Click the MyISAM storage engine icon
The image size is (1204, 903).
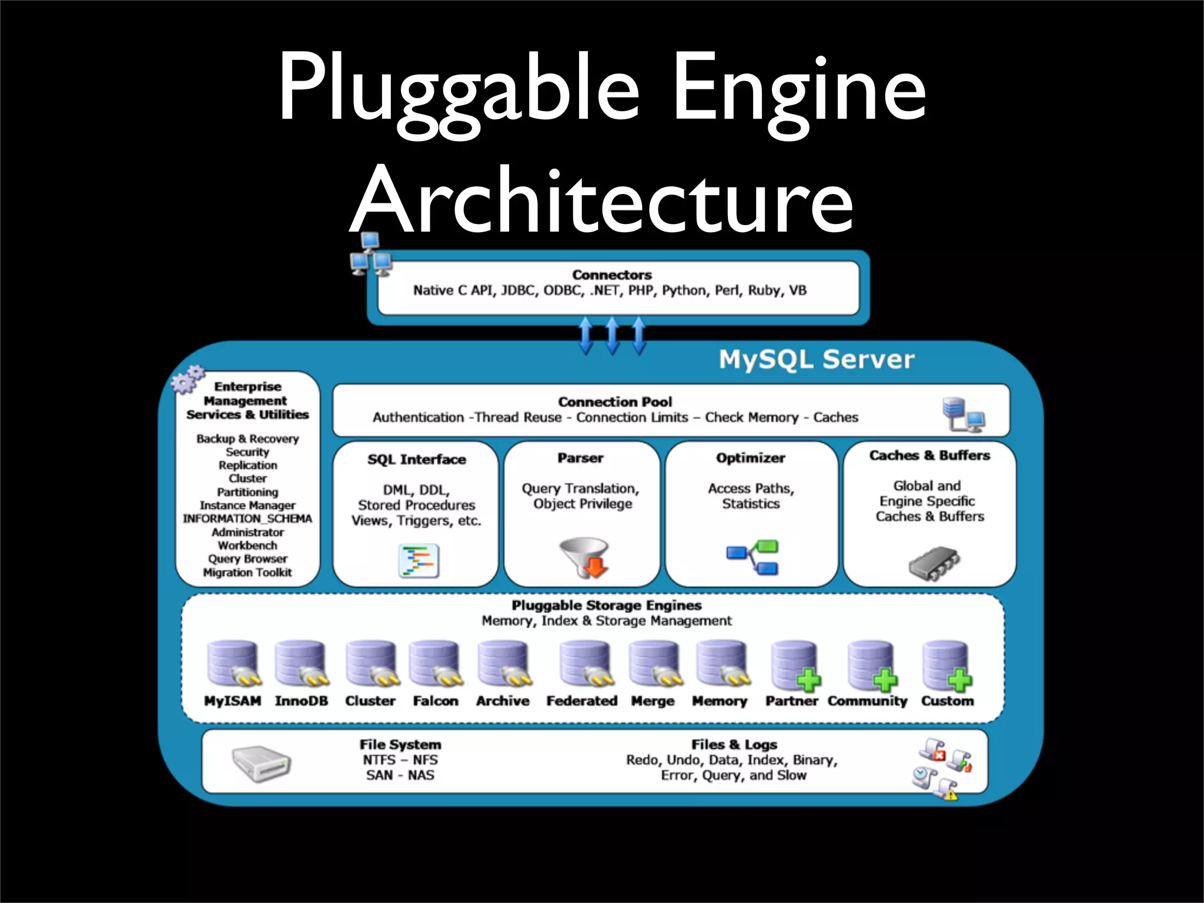click(233, 664)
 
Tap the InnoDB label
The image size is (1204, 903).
click(301, 701)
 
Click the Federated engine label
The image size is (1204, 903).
click(581, 701)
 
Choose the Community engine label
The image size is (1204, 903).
click(867, 701)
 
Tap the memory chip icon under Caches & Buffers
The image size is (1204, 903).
click(934, 563)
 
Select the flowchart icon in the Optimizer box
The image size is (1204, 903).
click(752, 557)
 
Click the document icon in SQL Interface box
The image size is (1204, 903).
click(419, 561)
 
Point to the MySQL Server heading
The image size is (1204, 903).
click(817, 359)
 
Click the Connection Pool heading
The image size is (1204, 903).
click(614, 402)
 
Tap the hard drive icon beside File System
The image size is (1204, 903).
click(260, 764)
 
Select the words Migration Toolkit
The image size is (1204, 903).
click(248, 573)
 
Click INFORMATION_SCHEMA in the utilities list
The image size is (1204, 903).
click(248, 519)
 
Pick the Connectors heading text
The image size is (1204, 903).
click(612, 275)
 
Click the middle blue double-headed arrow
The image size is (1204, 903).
click(612, 335)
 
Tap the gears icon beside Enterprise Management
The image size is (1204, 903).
click(188, 379)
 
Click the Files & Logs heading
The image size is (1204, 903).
click(734, 745)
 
